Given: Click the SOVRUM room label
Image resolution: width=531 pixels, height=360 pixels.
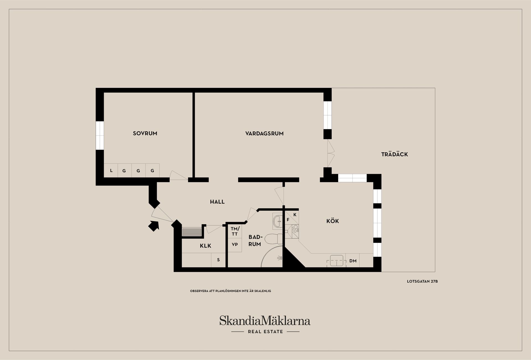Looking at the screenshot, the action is click(x=145, y=133).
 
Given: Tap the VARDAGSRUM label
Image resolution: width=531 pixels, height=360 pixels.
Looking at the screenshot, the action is click(x=264, y=134).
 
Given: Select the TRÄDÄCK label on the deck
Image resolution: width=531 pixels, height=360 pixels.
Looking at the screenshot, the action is click(x=395, y=154).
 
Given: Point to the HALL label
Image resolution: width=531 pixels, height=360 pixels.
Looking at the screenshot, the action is click(x=217, y=202).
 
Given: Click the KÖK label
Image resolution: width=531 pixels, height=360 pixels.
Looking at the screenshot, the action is click(x=333, y=221).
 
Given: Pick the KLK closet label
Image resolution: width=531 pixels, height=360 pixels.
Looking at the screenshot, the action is click(x=205, y=246).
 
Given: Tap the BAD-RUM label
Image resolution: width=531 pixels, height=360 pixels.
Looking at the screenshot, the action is click(x=255, y=241).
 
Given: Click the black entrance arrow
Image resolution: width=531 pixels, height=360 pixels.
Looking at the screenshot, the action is click(x=154, y=226).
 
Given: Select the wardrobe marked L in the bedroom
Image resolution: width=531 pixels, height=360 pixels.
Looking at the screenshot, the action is click(x=111, y=171).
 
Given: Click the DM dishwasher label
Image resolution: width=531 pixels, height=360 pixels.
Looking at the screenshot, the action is click(x=353, y=261).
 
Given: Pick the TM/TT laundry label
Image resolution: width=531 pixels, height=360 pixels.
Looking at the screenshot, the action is click(x=235, y=231).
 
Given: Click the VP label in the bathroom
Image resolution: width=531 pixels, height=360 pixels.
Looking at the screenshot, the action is click(x=235, y=244).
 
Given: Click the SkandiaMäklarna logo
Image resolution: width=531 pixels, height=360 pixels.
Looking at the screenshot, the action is click(x=265, y=324).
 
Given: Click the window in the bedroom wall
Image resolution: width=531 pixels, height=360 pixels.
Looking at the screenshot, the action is click(x=100, y=135).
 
